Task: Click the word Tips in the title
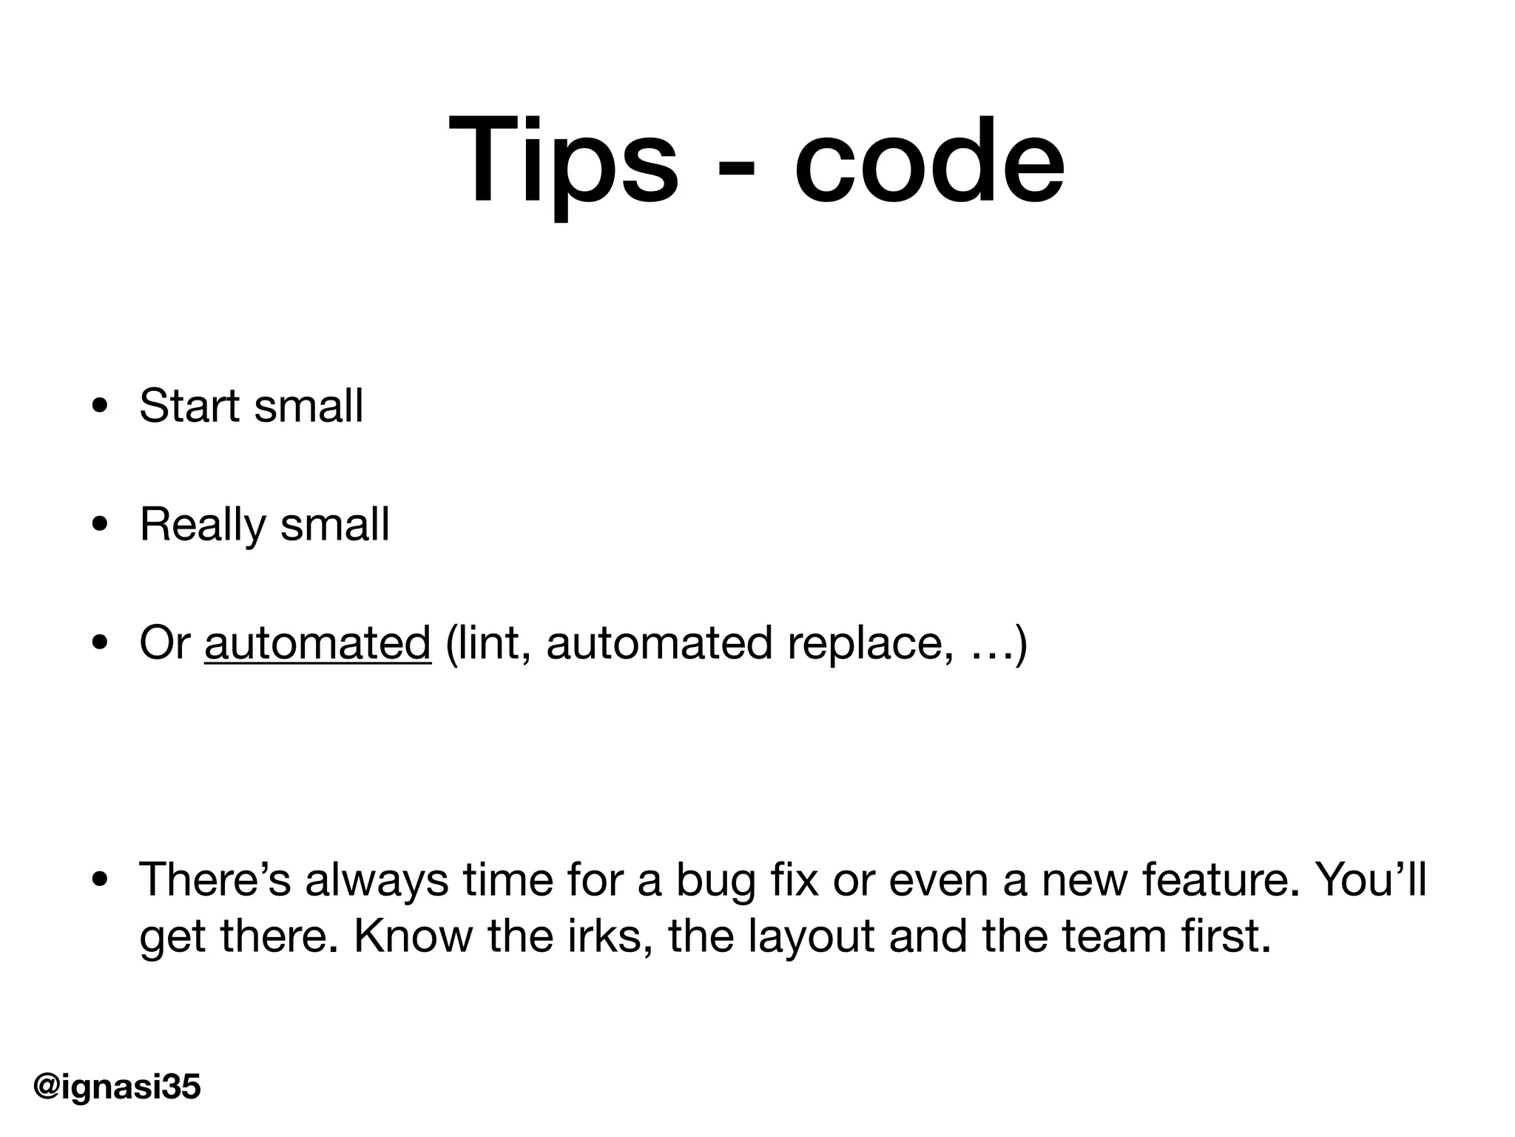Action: [x=562, y=161]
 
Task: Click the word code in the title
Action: [x=929, y=161]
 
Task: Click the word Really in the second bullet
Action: [x=201, y=526]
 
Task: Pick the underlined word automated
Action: [x=317, y=643]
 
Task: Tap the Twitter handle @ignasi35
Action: [x=117, y=1087]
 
